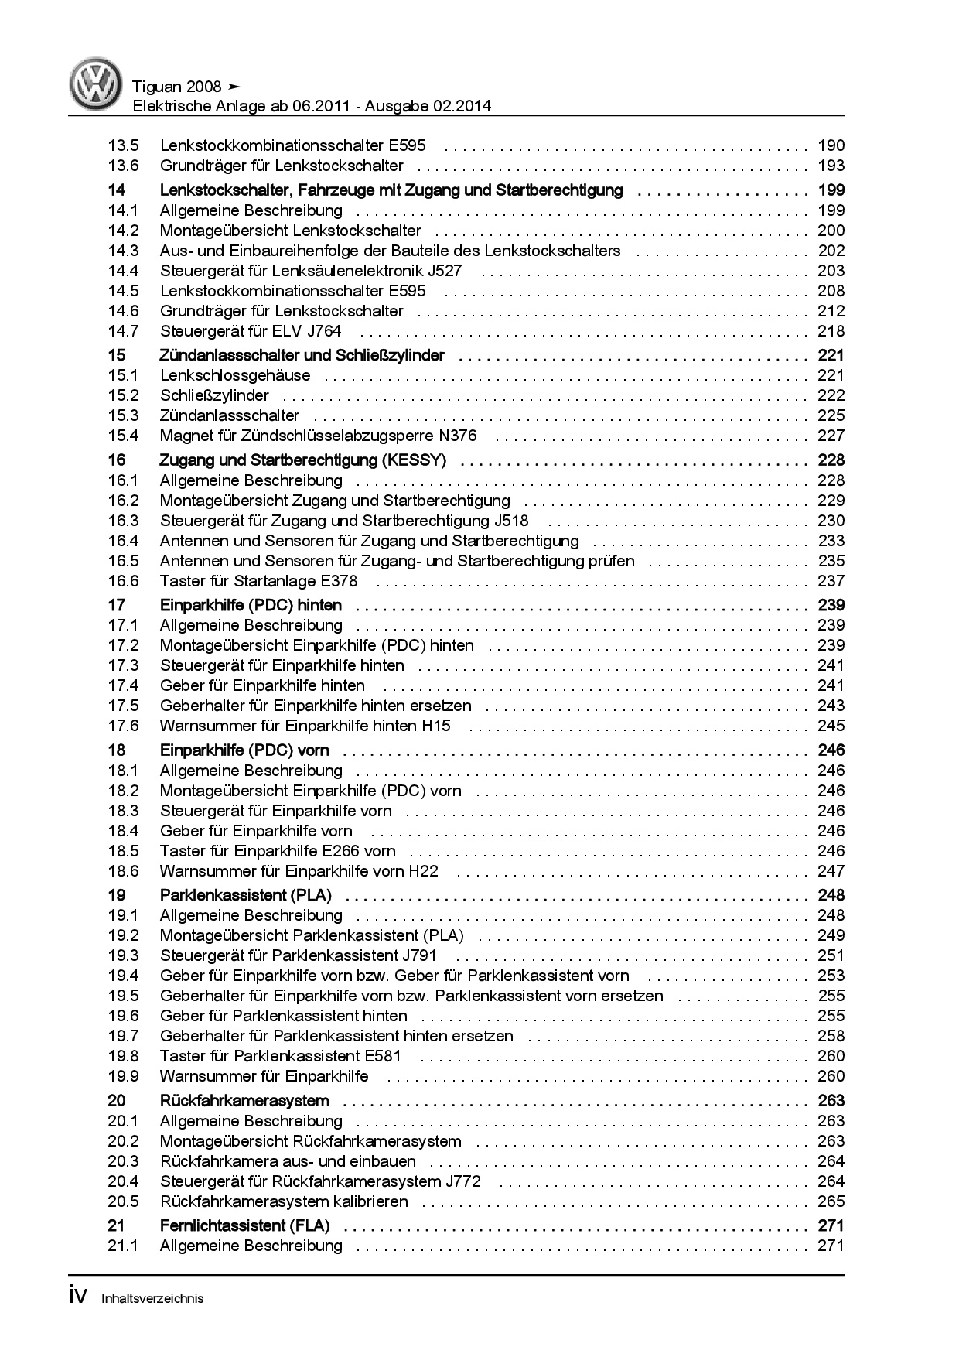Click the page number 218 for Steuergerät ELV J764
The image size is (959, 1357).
831,331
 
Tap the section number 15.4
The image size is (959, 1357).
123,436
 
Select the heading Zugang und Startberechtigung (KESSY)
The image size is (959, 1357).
302,460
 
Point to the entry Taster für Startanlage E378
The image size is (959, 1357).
258,581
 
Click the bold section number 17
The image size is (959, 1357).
117,605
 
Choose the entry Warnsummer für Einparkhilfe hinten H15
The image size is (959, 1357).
305,726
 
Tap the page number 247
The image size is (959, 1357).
831,871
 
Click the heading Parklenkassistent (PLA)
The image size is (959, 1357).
245,895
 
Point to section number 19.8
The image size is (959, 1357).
123,1056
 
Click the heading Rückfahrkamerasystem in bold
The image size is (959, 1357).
244,1101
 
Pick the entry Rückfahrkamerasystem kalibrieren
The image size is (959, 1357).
284,1201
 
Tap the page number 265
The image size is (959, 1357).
831,1201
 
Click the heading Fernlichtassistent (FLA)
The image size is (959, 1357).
244,1225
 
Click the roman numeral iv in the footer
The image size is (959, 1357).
80,1297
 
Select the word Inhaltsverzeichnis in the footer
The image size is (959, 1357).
152,1299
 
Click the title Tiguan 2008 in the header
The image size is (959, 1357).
177,87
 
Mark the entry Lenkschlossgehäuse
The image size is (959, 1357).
235,375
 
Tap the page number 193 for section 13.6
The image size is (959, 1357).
831,166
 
